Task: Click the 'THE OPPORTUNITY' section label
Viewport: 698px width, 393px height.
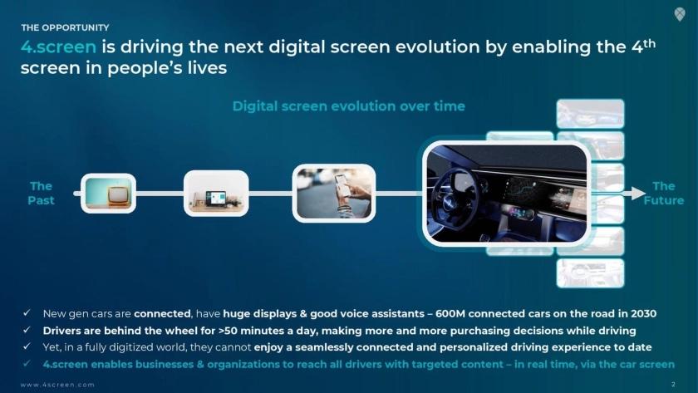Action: pyautogui.click(x=65, y=27)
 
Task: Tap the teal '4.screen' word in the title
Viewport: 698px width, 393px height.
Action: pyautogui.click(x=58, y=47)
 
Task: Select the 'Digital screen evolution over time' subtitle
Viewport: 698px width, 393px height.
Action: pyautogui.click(x=348, y=106)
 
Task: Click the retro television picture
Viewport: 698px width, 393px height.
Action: pyautogui.click(x=108, y=193)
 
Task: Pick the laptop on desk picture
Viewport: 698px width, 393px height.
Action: pyautogui.click(x=216, y=193)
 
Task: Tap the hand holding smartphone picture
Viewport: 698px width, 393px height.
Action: pyautogui.click(x=334, y=193)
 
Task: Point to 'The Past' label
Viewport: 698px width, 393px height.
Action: pyautogui.click(x=41, y=193)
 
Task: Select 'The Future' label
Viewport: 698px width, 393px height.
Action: pyautogui.click(x=664, y=193)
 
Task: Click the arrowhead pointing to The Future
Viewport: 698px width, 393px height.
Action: pyautogui.click(x=638, y=193)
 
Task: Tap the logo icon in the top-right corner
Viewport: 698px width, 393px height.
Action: pyautogui.click(x=680, y=14)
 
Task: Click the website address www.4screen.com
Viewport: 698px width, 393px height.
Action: pyautogui.click(x=57, y=385)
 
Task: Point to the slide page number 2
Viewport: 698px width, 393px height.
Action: pyautogui.click(x=673, y=384)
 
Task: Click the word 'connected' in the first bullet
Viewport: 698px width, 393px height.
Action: pyautogui.click(x=162, y=314)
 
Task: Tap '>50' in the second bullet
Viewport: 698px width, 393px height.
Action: pyautogui.click(x=228, y=331)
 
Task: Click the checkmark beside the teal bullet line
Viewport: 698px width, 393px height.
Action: pyautogui.click(x=27, y=364)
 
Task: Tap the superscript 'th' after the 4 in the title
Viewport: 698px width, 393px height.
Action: pyautogui.click(x=650, y=43)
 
